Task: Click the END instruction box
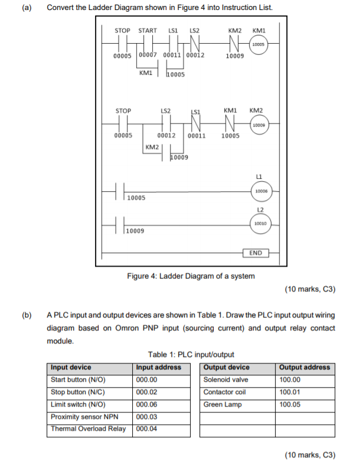(256, 253)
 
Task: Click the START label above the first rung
(148, 30)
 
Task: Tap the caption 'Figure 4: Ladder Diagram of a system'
(191, 276)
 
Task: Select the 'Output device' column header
(226, 367)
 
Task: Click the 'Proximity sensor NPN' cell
(85, 417)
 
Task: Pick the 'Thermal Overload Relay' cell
(89, 429)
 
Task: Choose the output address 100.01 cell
(290, 392)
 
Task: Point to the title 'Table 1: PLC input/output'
(191, 355)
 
